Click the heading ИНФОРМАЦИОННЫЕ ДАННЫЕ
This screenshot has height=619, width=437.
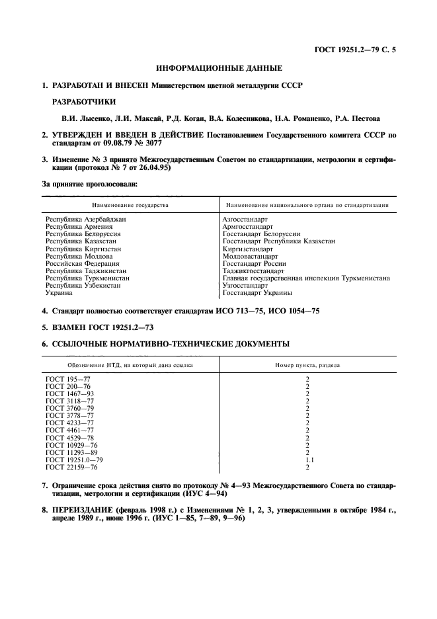(x=219, y=68)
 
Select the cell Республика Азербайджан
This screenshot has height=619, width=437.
(x=85, y=219)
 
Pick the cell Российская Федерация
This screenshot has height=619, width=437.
(x=82, y=263)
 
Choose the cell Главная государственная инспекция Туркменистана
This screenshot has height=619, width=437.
(x=306, y=278)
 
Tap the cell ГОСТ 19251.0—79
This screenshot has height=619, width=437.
(x=74, y=460)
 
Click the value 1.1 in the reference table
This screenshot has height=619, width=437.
(x=307, y=460)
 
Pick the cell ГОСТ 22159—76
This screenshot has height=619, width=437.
(x=71, y=467)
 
